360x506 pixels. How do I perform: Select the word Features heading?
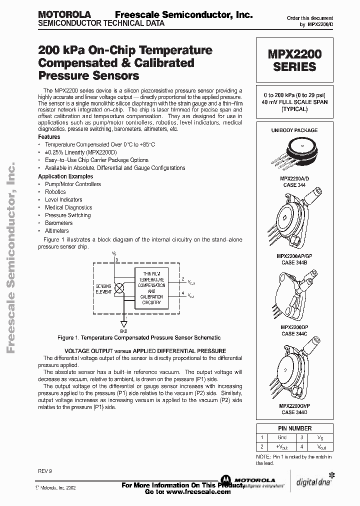pos(49,136)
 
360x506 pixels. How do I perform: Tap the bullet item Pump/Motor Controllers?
pos(73,184)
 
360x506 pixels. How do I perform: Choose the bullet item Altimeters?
pos(57,231)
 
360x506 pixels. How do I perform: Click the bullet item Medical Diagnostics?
pos(68,207)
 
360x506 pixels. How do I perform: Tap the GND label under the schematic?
pos(123,331)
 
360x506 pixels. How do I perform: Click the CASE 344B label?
pos(294,262)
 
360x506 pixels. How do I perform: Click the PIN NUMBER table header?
pos(294,428)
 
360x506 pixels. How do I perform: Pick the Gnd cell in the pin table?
pos(282,437)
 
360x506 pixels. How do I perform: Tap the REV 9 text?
pos(44,471)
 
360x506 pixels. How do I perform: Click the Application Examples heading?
pos(65,176)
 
